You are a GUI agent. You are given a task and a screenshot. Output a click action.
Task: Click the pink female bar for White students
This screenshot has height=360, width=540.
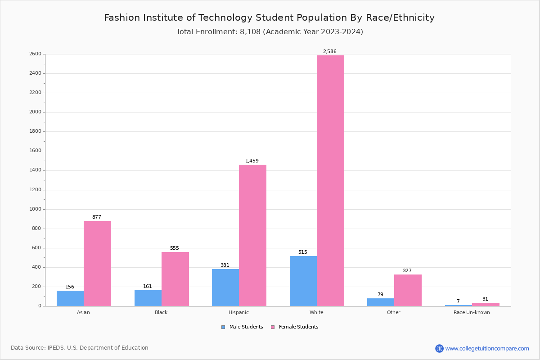[330, 180]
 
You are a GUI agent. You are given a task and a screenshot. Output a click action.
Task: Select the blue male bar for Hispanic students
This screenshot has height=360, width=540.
[225, 288]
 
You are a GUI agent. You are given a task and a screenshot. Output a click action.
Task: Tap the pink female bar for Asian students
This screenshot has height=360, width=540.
[97, 263]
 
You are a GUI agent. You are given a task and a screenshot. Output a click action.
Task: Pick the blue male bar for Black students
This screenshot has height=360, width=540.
[148, 298]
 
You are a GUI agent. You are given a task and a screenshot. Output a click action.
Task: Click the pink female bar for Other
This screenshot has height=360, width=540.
[408, 290]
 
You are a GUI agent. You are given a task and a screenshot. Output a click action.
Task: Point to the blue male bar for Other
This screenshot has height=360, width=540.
[381, 302]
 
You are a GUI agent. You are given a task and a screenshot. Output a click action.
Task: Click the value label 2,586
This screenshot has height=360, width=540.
[330, 52]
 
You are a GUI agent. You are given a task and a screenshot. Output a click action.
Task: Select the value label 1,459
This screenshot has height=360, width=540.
[252, 161]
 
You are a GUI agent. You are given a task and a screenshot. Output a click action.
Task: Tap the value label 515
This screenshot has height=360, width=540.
[303, 252]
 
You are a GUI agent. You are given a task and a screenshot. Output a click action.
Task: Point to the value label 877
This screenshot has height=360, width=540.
[97, 217]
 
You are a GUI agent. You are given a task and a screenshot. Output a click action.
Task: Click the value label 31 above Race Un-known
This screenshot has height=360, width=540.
[485, 299]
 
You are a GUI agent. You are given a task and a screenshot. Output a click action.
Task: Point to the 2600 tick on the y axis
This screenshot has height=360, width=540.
[36, 54]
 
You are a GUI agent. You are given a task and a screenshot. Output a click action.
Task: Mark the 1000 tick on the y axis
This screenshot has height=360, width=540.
[36, 209]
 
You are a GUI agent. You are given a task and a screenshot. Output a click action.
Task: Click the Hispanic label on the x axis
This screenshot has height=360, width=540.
[238, 312]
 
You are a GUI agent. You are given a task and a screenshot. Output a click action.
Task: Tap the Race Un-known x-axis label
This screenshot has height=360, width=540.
[472, 312]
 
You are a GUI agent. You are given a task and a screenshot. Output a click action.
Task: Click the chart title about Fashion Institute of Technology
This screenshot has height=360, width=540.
[269, 18]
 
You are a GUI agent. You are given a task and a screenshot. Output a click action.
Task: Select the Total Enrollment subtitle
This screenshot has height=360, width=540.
[270, 32]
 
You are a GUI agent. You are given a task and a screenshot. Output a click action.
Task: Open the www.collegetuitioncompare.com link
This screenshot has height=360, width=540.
[487, 348]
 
